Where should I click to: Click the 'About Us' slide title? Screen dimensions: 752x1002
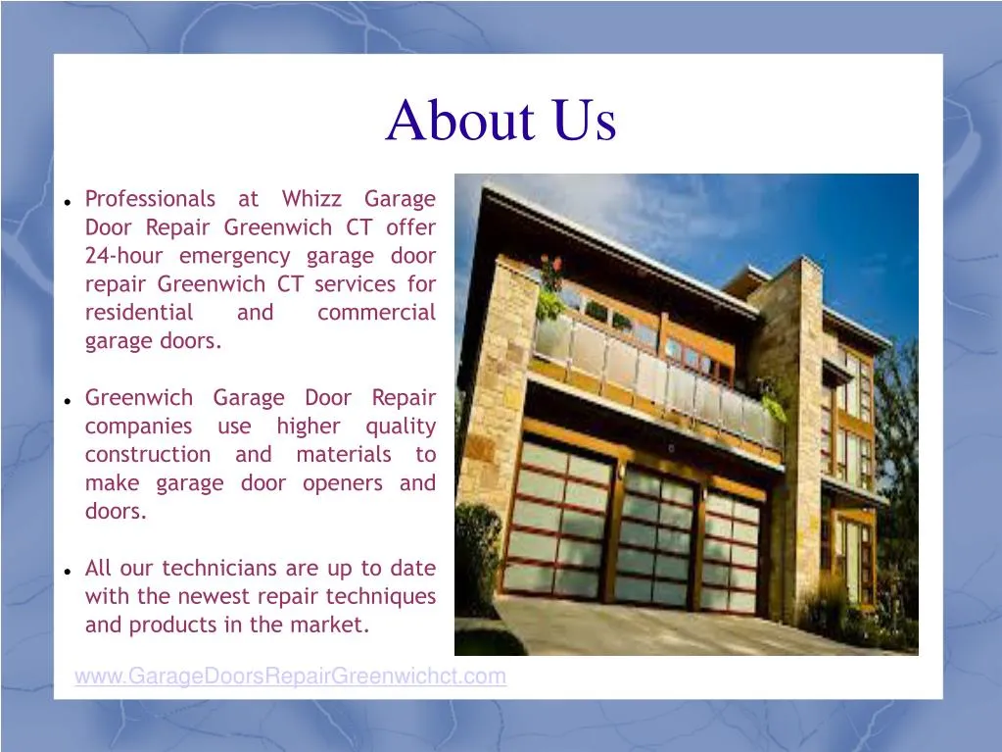(501, 122)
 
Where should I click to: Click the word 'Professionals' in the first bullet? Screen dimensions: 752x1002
(150, 199)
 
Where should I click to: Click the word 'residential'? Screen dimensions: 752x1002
(139, 313)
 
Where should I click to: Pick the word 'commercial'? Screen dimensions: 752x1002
(376, 313)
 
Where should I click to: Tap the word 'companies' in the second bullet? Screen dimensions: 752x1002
(138, 426)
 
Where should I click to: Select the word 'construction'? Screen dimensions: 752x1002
(147, 455)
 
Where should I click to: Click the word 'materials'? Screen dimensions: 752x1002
(343, 455)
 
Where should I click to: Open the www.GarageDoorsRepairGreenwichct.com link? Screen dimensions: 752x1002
(291, 676)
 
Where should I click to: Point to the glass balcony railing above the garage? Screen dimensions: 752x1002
(656, 377)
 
